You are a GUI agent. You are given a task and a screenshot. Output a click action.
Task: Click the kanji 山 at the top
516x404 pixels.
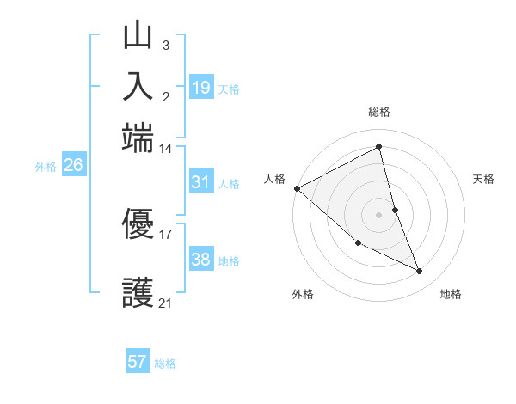[138, 37]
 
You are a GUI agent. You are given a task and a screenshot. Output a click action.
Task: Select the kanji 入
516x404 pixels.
[138, 86]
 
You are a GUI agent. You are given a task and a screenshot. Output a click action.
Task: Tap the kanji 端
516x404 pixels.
[138, 135]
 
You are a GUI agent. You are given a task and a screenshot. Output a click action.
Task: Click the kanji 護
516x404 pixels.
[138, 293]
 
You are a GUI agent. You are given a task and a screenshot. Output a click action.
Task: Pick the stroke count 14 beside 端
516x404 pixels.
[165, 149]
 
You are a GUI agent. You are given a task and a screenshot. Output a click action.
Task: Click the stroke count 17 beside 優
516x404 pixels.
[165, 233]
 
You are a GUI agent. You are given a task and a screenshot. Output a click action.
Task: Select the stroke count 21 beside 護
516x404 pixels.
[165, 303]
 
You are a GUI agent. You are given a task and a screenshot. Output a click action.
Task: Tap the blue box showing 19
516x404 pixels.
[200, 87]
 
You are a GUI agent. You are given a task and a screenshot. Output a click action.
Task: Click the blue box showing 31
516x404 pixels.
[200, 182]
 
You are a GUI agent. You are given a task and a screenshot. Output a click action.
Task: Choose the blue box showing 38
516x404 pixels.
[200, 260]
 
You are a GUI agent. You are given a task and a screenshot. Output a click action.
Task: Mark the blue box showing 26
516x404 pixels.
[73, 166]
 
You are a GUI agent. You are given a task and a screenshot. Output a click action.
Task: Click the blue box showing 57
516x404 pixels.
[138, 362]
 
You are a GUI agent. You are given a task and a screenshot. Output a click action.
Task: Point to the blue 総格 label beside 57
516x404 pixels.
[165, 364]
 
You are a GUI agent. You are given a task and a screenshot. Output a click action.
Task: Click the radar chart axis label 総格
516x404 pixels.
[378, 112]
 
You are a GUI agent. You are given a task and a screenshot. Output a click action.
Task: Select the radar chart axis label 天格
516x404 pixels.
[483, 179]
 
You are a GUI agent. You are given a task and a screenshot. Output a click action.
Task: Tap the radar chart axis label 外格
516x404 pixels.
[303, 294]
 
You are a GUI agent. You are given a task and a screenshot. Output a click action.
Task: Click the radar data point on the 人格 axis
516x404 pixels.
[297, 188]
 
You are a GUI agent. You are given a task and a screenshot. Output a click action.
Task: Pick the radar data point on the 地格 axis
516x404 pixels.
[420, 272]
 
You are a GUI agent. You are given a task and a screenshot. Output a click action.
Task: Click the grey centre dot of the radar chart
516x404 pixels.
[378, 215]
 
